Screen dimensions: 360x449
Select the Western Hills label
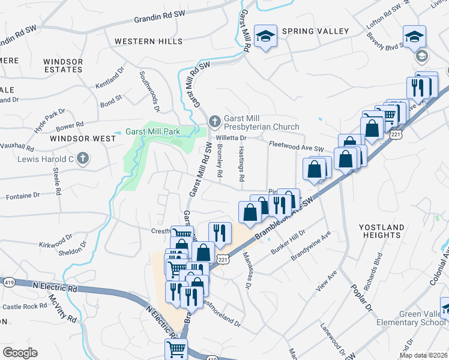coord(148,41)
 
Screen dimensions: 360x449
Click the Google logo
coord(19,352)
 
